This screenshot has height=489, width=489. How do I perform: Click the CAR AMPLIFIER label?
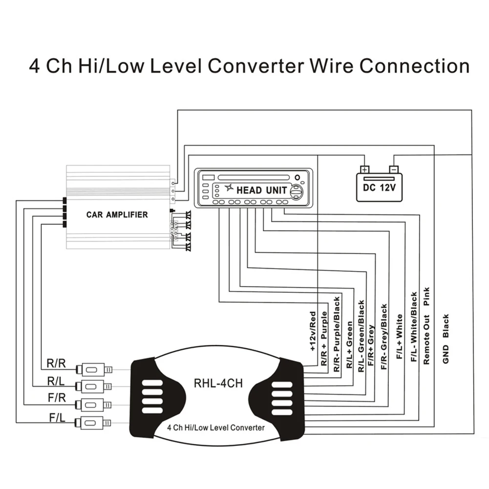point(117,214)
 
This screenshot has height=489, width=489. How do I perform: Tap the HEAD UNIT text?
point(261,190)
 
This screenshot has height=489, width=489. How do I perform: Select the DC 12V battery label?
point(379,188)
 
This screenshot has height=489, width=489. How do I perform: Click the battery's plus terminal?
point(364,170)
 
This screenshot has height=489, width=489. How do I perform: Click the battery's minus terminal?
point(394,170)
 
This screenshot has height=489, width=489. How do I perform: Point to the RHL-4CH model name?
point(218,383)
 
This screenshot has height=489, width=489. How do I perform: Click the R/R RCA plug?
point(94,369)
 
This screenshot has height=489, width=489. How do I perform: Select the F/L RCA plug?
point(94,423)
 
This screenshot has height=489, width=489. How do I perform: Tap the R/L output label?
point(56,381)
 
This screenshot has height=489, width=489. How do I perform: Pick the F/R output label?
point(57,398)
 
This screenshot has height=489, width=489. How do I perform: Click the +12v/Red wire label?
point(313,331)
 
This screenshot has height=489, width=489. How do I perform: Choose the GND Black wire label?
point(446,339)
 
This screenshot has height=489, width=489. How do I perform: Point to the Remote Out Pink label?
point(426,326)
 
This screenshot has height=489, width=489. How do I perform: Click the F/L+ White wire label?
point(400,337)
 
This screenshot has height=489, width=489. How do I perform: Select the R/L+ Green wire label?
point(350,345)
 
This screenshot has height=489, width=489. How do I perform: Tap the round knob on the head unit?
point(297,191)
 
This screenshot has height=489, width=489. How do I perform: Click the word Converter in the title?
point(255,66)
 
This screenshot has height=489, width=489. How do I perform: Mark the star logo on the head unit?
point(229,188)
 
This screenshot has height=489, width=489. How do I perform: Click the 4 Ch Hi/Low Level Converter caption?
point(216,427)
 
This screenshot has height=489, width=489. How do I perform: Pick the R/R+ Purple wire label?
point(324,339)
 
